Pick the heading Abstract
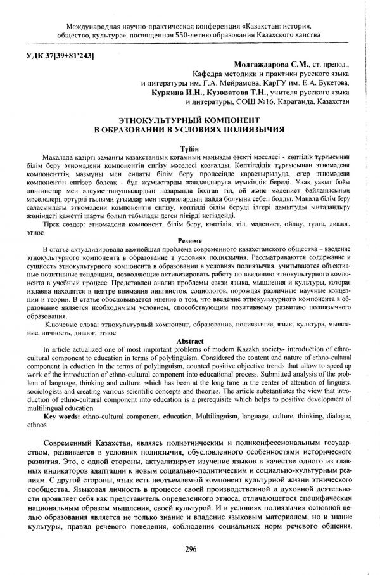point(191,341)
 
